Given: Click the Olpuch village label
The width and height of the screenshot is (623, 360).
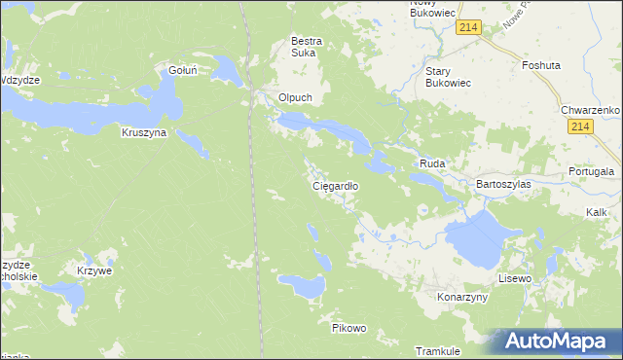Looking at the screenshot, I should click(295, 98).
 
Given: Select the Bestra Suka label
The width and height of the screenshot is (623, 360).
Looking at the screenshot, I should click(307, 48).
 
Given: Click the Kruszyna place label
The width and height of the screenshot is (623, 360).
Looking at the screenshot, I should click(144, 132).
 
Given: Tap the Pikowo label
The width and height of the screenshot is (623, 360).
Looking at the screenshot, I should click(348, 328).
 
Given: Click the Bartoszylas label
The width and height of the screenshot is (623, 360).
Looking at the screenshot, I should click(501, 183).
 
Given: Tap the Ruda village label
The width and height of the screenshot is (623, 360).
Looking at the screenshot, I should click(431, 164).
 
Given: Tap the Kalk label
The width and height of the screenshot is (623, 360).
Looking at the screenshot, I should click(597, 211).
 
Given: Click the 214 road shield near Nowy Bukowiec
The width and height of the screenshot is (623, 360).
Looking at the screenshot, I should click(468, 30).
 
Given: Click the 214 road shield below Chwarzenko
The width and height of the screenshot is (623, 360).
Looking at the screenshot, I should click(581, 128).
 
